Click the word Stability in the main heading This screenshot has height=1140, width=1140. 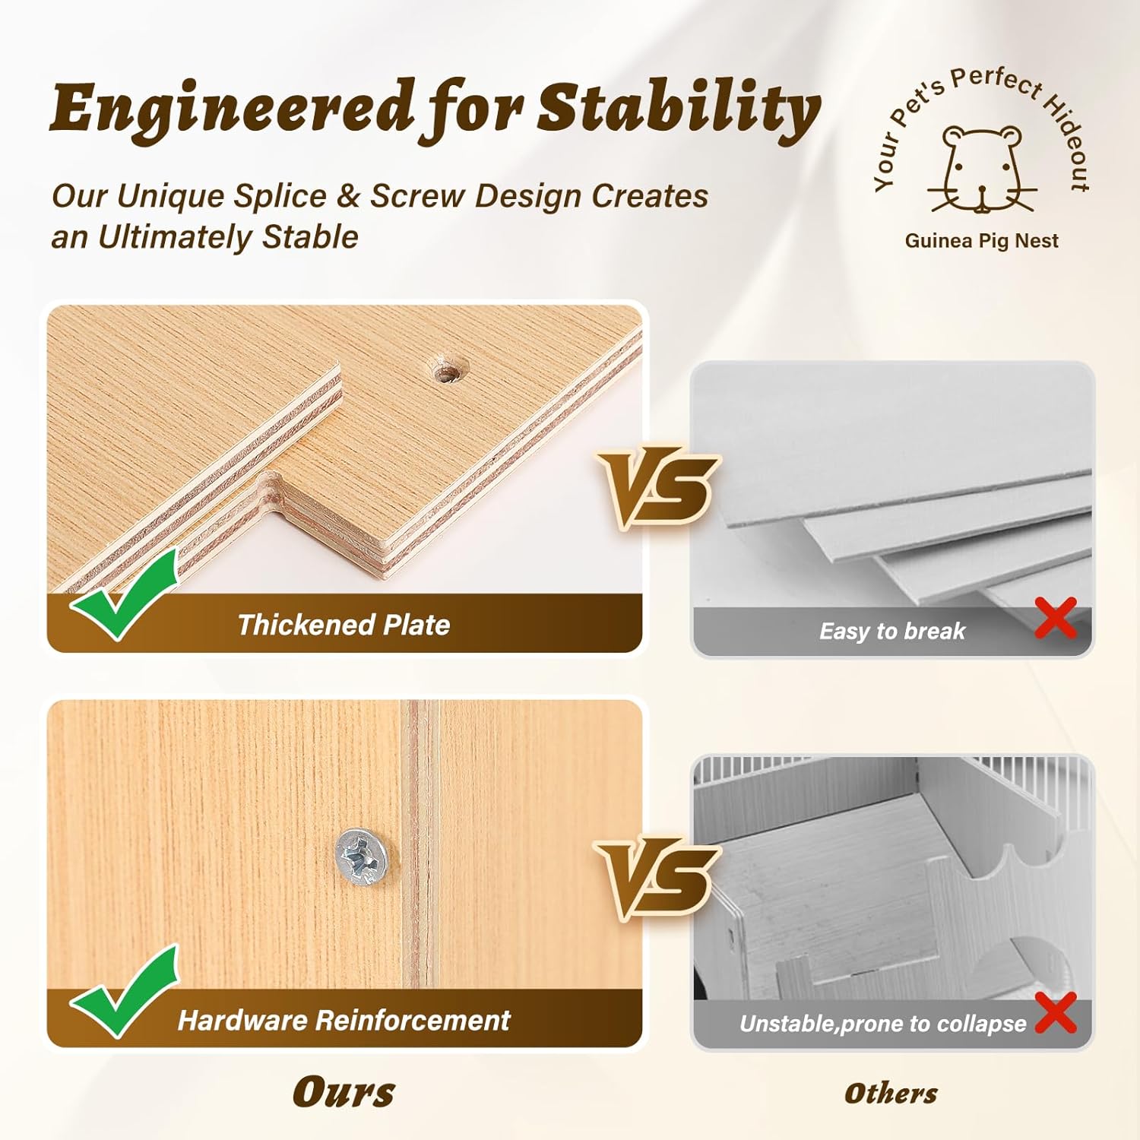pyautogui.click(x=679, y=110)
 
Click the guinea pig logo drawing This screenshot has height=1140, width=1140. pyautogui.click(x=983, y=169)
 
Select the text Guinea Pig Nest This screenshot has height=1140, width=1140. pyautogui.click(x=981, y=241)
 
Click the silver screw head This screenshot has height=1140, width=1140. pyautogui.click(x=362, y=857)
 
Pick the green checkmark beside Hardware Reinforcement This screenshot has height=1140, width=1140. pyautogui.click(x=125, y=991)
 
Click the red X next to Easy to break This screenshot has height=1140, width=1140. pyautogui.click(x=1056, y=617)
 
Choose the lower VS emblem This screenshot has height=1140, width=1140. pyautogui.click(x=657, y=879)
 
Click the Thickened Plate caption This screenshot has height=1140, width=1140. pyautogui.click(x=344, y=625)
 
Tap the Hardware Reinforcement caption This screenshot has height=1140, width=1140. pyautogui.click(x=344, y=1020)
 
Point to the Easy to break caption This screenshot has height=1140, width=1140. pyautogui.click(x=892, y=631)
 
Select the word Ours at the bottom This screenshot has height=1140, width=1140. pyautogui.click(x=344, y=1093)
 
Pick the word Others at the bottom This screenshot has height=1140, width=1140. pyautogui.click(x=891, y=1094)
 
